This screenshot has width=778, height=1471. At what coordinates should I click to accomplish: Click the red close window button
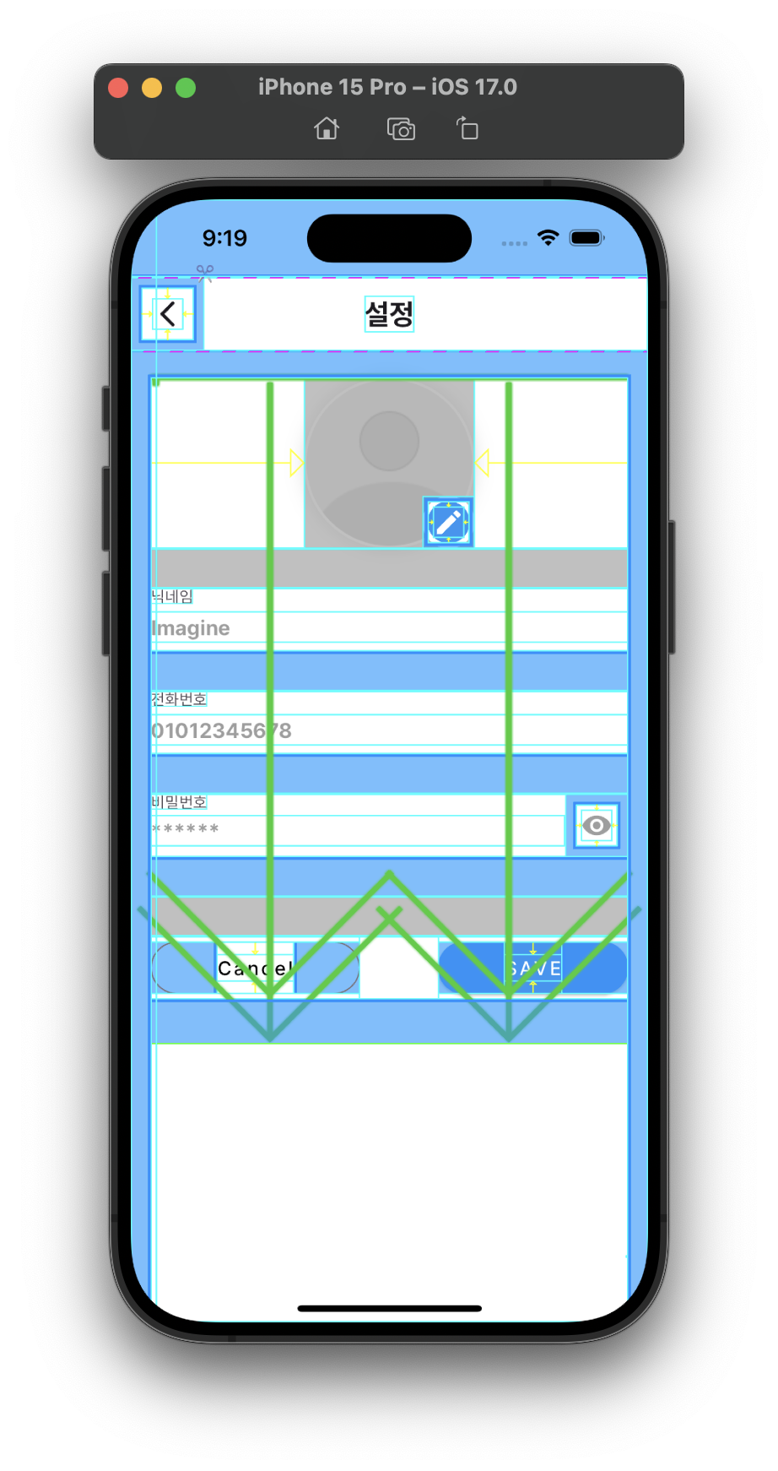118,88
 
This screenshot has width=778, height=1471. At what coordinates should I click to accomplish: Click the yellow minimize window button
152,88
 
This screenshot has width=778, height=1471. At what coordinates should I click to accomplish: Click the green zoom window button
186,88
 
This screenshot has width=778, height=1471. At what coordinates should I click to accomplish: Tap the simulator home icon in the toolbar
327,129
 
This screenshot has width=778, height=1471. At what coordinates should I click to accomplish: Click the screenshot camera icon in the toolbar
401,129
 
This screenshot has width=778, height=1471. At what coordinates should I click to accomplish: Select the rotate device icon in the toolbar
467,129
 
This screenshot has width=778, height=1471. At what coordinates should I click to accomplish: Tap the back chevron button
168,314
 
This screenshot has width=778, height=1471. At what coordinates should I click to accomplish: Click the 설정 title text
389,314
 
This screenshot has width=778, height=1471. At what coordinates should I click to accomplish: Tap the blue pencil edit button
448,523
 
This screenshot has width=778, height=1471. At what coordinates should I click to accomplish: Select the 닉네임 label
173,597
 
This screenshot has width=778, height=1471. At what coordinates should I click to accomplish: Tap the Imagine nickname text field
388,628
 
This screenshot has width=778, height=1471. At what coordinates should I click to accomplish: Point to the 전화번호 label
179,699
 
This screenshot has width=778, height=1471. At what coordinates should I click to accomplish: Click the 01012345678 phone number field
388,730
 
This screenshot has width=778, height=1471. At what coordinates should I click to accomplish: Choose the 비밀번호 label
179,802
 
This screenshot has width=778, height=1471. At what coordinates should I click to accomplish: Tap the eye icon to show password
597,825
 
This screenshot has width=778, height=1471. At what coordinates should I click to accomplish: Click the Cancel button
255,969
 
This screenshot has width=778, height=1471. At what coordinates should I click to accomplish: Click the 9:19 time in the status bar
224,238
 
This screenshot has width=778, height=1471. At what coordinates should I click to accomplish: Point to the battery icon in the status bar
586,238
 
